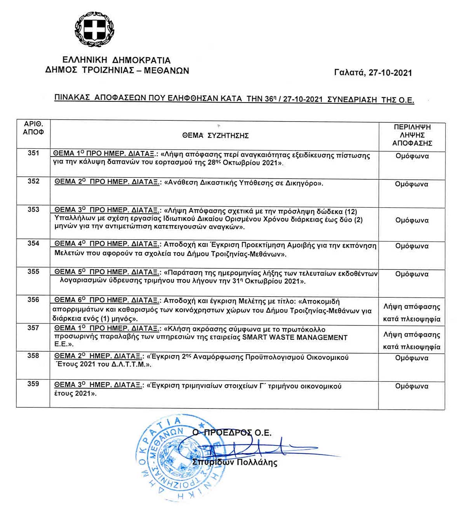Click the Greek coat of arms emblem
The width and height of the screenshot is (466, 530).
[95, 30]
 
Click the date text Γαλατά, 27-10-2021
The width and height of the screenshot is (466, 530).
[373, 73]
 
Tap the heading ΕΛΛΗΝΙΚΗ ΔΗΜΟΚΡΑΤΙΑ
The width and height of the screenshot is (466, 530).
[116, 60]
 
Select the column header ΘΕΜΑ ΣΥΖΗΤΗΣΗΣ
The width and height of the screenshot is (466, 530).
[215, 136]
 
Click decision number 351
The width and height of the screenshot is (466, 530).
[33, 153]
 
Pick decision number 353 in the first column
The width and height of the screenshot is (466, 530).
[33, 210]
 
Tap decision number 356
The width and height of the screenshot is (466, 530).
[33, 300]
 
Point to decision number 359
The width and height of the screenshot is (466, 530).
[33, 384]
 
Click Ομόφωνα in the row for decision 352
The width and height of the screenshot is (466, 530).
[412, 184]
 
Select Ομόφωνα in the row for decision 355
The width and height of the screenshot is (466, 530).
[412, 274]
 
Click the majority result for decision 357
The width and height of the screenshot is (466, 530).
[412, 341]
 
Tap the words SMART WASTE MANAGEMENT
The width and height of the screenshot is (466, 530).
[295, 337]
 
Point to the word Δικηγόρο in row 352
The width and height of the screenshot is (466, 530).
[303, 183]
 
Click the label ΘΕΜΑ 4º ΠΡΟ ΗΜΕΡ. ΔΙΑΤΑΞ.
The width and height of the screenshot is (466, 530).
[107, 244]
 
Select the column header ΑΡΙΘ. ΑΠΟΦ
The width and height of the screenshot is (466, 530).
[33, 128]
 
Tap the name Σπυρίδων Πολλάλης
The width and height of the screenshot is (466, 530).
[235, 462]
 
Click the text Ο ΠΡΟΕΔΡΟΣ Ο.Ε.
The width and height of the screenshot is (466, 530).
[232, 433]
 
